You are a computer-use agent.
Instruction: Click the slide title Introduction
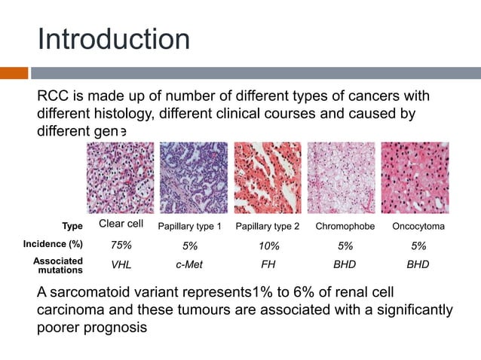click(x=113, y=38)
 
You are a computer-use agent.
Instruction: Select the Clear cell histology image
click(x=121, y=178)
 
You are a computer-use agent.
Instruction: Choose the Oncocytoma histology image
click(x=415, y=178)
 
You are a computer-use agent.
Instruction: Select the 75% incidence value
click(x=121, y=245)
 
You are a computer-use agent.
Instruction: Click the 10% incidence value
click(x=268, y=246)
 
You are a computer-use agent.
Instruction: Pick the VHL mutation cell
click(x=121, y=265)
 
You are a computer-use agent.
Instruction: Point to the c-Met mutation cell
click(x=191, y=265)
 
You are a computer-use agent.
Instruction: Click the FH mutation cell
click(x=268, y=265)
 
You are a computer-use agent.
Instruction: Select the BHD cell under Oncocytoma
click(x=418, y=265)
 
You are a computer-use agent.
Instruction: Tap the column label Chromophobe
click(x=345, y=227)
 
